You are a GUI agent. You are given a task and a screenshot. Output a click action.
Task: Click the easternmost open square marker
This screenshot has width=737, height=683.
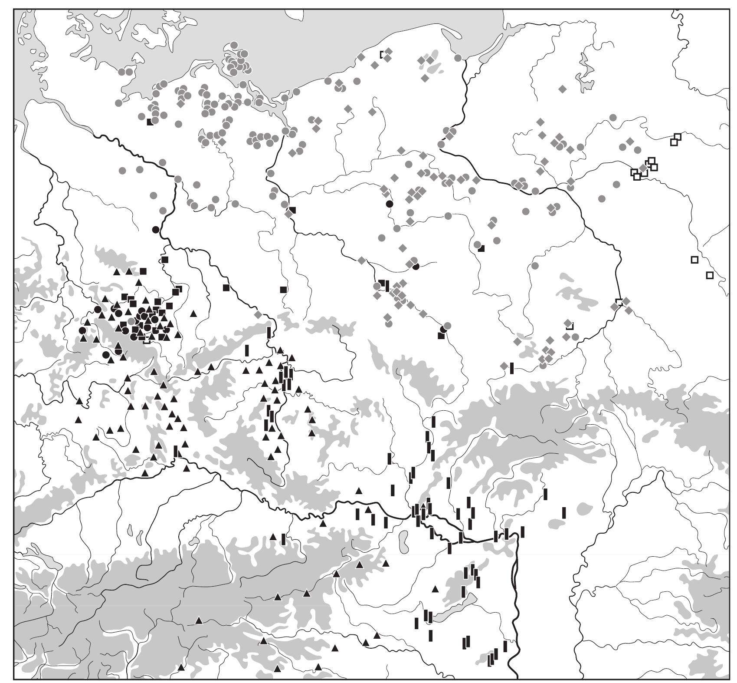tap(710, 275)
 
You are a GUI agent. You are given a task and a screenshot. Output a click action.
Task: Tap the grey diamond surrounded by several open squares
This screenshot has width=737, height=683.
tap(643, 168)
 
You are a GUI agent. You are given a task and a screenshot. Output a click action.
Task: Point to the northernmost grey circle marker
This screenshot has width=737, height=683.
tap(234, 45)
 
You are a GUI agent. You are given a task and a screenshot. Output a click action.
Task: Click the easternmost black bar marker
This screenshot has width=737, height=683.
tap(564, 513)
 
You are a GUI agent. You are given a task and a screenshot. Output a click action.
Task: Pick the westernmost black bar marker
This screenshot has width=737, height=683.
tap(176, 451)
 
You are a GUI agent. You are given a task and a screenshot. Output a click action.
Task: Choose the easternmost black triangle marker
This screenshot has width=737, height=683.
tap(436, 589)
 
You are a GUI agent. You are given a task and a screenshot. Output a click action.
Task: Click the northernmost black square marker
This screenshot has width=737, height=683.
tap(150, 122)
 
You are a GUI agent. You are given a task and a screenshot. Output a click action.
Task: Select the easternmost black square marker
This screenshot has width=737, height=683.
tap(481, 248)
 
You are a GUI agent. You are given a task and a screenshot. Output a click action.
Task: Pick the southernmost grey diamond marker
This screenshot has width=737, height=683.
tap(504, 366)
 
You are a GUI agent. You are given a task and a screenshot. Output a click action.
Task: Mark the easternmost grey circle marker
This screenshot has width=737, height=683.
tap(637, 150)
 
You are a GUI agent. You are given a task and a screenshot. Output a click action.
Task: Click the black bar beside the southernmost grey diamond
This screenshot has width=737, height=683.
tap(512, 368)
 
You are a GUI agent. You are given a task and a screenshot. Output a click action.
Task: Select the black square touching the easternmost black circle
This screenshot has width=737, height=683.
tap(441, 335)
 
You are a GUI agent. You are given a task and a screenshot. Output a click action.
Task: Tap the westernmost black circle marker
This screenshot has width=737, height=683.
tap(82, 330)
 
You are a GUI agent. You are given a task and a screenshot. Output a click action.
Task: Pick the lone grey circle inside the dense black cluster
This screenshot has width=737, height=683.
tap(131, 321)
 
